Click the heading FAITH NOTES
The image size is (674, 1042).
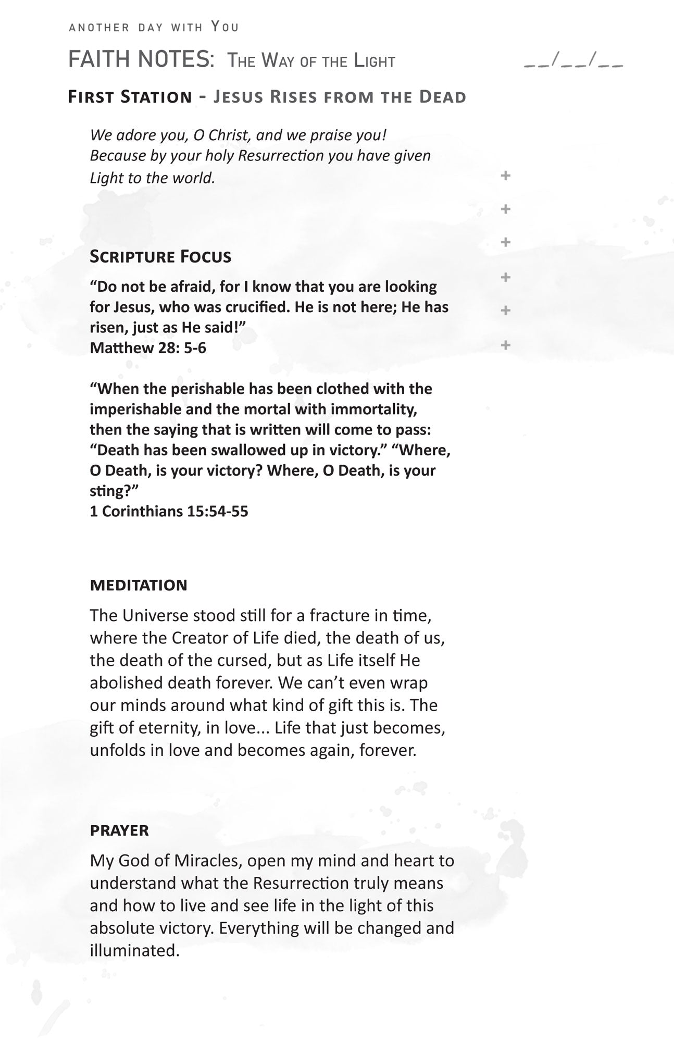(141, 60)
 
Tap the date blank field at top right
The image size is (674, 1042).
(573, 62)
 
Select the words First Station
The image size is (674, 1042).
(130, 97)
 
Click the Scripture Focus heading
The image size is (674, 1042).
(160, 256)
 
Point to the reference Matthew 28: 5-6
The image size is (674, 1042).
(148, 348)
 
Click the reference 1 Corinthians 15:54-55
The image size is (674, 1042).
(169, 511)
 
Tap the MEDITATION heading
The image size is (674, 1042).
(139, 585)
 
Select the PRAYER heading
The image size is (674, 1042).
(119, 830)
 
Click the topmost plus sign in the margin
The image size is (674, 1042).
(505, 176)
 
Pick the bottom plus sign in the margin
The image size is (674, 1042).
(505, 344)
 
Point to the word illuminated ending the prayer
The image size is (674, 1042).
(134, 950)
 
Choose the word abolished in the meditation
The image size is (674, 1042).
(123, 683)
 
